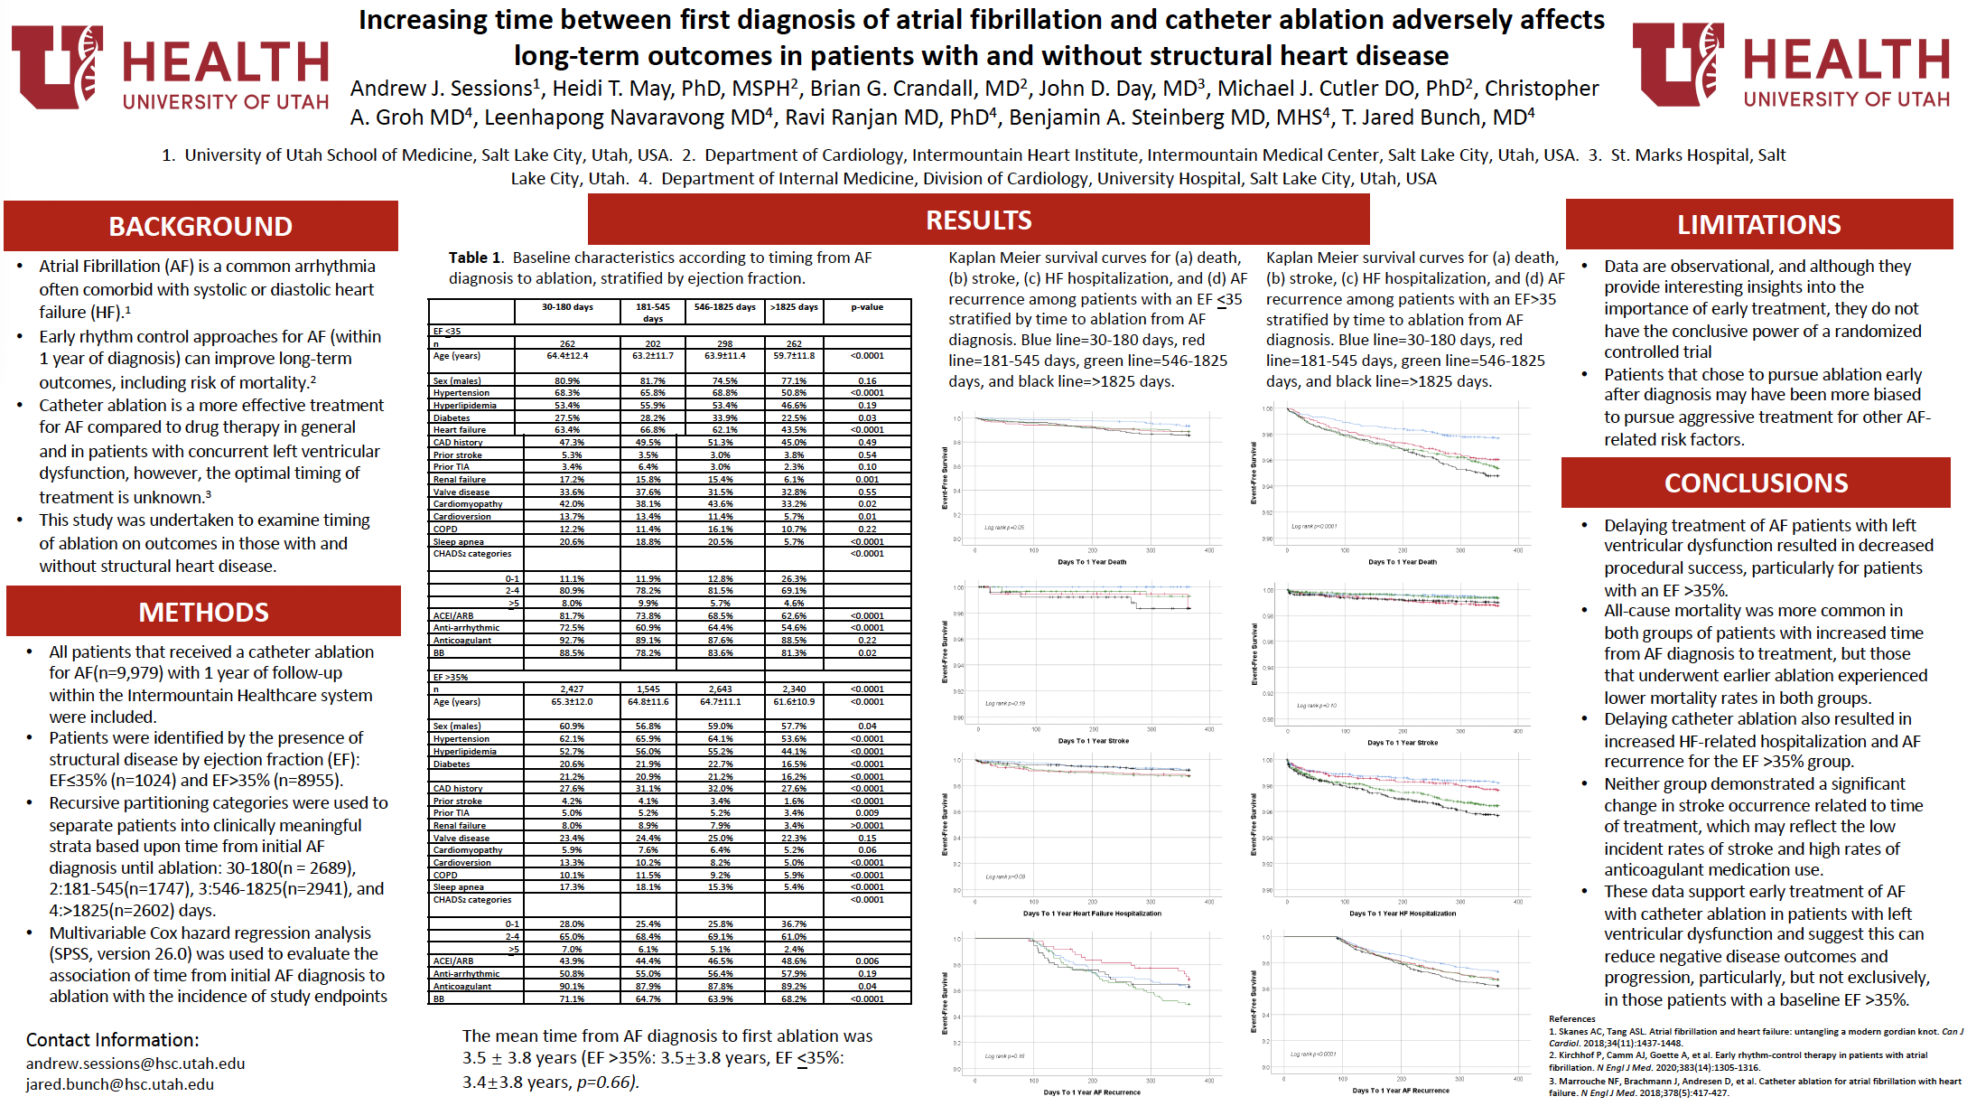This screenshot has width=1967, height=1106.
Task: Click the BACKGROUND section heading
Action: pyautogui.click(x=200, y=226)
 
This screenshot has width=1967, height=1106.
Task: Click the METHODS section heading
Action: pyautogui.click(x=203, y=612)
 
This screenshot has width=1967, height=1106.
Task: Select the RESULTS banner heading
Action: pyautogui.click(x=978, y=220)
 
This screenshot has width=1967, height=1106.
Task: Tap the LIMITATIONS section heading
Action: pyautogui.click(x=1758, y=224)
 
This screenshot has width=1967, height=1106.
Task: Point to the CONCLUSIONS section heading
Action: pyautogui.click(x=1756, y=483)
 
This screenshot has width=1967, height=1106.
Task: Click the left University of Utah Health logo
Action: pyautogui.click(x=170, y=68)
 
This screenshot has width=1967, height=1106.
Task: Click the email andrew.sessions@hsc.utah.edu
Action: pyautogui.click(x=135, y=1064)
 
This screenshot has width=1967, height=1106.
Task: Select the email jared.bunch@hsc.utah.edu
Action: pyautogui.click(x=120, y=1084)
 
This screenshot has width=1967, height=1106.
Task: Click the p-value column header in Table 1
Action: pyautogui.click(x=867, y=307)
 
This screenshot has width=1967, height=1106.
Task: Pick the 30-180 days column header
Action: pyautogui.click(x=567, y=307)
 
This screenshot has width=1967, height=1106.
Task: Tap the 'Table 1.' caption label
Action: pyautogui.click(x=475, y=258)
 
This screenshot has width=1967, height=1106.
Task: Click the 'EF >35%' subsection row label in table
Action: pyautogui.click(x=451, y=677)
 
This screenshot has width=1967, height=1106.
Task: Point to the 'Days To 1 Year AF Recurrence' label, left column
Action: pyautogui.click(x=1092, y=1092)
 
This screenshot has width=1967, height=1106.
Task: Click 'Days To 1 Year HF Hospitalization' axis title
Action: pyautogui.click(x=1403, y=914)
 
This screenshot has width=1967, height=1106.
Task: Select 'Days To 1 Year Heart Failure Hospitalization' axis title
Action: pyautogui.click(x=1092, y=914)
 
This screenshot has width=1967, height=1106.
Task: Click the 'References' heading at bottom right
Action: pyautogui.click(x=1571, y=1018)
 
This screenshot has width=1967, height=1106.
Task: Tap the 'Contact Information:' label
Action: pyautogui.click(x=112, y=1040)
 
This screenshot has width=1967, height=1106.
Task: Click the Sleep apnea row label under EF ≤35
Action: pyautogui.click(x=458, y=542)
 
